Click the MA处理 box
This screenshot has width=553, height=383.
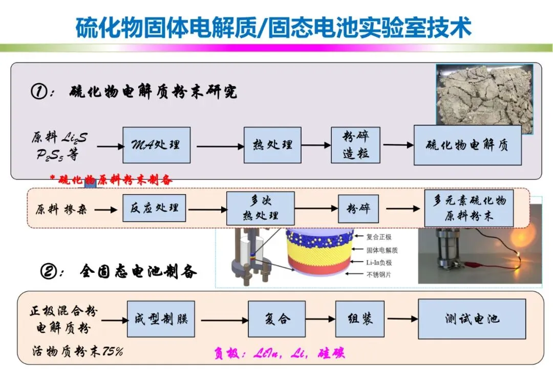point(156,145)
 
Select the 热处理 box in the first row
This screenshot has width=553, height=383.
point(272,145)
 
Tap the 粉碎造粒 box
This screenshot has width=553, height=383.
point(355,145)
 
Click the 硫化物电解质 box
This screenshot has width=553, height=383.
point(467,145)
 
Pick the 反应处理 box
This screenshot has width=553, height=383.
point(154,208)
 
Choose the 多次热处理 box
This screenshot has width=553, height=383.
point(260,208)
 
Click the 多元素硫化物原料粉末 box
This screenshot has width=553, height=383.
point(469,208)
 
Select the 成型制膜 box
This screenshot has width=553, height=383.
point(161,319)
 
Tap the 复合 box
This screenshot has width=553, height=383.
point(276,319)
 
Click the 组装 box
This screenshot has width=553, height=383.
point(359,319)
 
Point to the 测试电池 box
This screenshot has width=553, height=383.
point(472,319)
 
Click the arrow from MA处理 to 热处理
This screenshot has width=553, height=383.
point(220,147)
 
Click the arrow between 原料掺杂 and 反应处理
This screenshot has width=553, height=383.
point(106,209)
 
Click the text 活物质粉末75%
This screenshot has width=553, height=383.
point(77,351)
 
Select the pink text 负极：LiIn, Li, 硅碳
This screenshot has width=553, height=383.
point(279,353)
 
